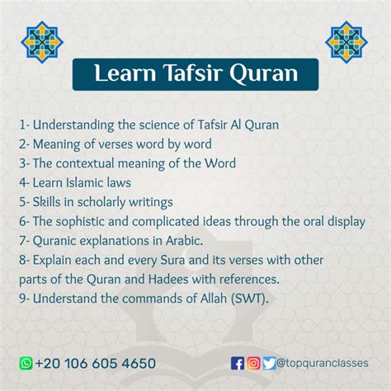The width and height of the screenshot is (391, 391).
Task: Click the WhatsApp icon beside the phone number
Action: (26, 363)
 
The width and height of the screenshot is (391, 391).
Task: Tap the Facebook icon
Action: (238, 363)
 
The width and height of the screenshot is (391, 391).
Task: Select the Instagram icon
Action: (253, 363)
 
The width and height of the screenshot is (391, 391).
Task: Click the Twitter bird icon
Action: (269, 363)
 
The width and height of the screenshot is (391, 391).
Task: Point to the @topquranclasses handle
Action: (323, 363)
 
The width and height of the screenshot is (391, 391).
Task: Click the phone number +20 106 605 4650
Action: (96, 363)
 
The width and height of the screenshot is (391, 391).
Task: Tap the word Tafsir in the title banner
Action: (193, 73)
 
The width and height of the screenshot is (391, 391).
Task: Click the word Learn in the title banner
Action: (125, 73)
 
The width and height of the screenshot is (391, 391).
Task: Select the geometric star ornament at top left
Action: (42, 42)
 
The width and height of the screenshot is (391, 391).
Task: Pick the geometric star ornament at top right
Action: (346, 42)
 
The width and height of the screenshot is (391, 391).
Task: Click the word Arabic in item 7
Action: (184, 241)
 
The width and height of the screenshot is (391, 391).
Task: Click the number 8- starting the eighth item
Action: (24, 260)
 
